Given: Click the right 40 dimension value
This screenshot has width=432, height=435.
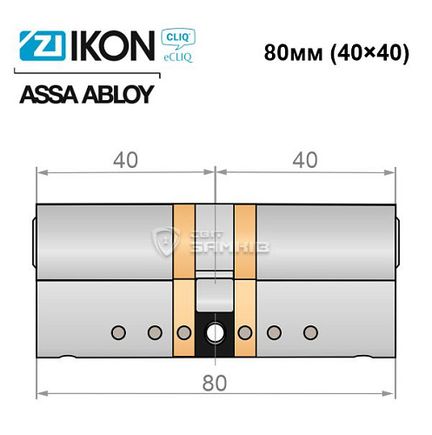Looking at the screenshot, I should coord(303,159).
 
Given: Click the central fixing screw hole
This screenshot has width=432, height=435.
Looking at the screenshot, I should coord(214,332).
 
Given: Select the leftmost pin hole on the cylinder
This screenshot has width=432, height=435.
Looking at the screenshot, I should coord(118,331).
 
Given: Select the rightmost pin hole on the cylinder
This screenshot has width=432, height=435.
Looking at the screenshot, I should coord(309,331).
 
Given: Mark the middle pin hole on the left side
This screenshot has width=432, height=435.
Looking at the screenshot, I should coord(154,331).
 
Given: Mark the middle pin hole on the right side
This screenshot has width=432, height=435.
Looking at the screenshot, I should coord(274,331).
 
